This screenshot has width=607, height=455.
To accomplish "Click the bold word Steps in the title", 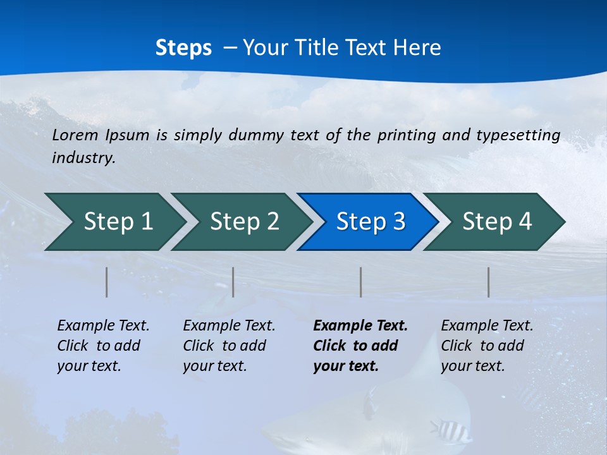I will [x=183, y=48].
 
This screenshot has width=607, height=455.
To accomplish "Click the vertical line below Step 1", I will [x=107, y=282].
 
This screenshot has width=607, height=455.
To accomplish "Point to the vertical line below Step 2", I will [x=233, y=282].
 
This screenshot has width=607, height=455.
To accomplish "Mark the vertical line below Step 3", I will [x=360, y=282].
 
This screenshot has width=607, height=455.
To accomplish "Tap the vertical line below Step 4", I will [x=488, y=282].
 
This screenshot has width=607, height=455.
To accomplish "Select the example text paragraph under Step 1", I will [x=103, y=346].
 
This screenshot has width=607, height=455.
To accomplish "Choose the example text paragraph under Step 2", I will [x=229, y=346].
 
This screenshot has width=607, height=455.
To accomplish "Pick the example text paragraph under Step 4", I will [x=487, y=346].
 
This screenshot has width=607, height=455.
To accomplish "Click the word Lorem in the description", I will [x=75, y=135].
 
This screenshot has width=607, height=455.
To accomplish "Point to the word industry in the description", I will [x=83, y=158].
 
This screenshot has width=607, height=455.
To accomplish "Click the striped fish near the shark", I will [x=450, y=430].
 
